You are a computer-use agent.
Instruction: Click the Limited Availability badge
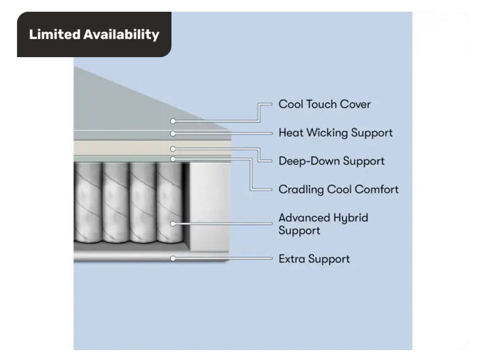[94, 34]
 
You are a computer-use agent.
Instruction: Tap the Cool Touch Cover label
[324, 104]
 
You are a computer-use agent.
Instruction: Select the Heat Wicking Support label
[335, 133]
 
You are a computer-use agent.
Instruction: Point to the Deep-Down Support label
[332, 161]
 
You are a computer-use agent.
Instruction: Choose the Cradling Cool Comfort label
[338, 189]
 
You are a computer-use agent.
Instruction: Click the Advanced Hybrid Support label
[323, 224]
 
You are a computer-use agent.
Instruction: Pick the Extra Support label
[314, 259]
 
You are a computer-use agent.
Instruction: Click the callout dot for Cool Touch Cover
[173, 121]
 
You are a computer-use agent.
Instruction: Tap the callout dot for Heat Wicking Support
[173, 134]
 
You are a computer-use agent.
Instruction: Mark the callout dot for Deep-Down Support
[173, 149]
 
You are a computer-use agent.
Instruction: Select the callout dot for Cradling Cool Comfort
[173, 159]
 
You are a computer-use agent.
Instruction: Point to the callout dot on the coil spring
[173, 224]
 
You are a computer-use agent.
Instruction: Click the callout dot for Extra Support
[173, 259]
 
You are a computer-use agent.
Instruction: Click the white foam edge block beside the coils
[209, 207]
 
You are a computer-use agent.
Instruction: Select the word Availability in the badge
[121, 35]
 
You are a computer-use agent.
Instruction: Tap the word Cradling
[301, 189]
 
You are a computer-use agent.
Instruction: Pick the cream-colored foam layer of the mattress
[152, 148]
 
